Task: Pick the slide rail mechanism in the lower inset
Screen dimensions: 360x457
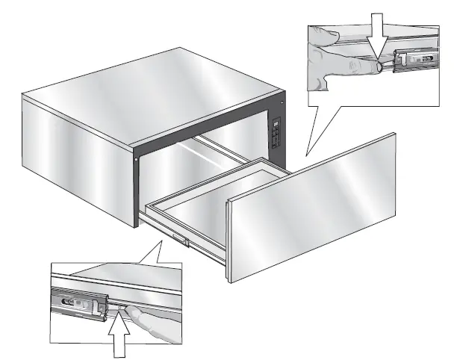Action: click(78, 301)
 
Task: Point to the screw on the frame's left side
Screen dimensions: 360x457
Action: click(137, 158)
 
